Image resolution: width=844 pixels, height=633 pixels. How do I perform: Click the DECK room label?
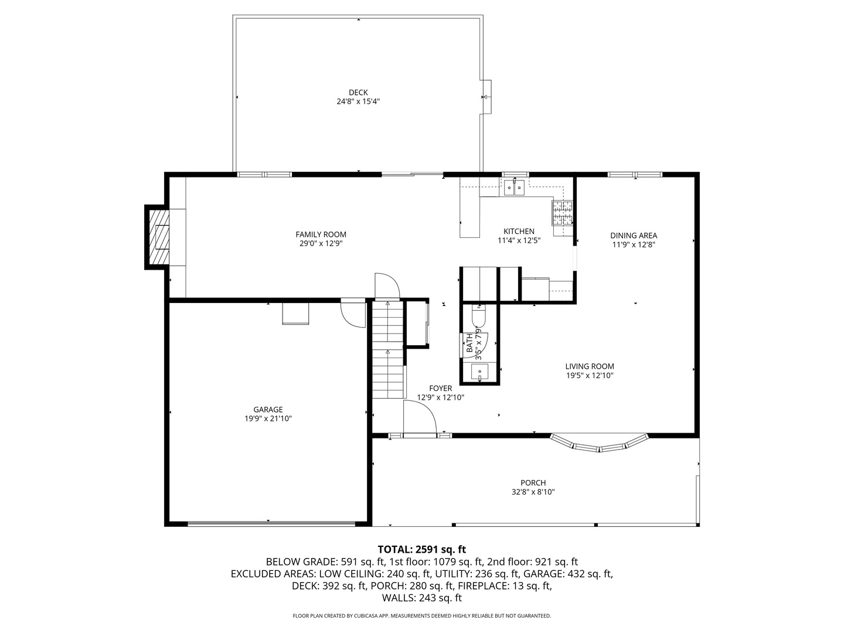(x=358, y=92)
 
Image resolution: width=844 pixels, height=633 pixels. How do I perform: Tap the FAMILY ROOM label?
(x=321, y=234)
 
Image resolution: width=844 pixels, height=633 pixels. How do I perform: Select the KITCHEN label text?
(x=519, y=231)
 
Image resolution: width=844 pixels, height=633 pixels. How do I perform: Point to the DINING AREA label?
(x=633, y=236)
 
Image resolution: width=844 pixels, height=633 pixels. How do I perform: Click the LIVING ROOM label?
(x=590, y=366)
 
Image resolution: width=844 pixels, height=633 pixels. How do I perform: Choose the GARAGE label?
(x=268, y=410)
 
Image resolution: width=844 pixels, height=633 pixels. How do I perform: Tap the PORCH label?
(x=533, y=483)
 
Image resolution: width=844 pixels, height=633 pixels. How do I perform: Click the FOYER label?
(x=440, y=388)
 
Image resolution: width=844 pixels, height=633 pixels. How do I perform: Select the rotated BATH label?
(x=469, y=343)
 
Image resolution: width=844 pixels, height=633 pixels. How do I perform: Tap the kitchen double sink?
(x=514, y=188)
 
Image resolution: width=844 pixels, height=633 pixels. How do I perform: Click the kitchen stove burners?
(x=562, y=213)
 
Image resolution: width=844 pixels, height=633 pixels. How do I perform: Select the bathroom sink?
(x=480, y=372)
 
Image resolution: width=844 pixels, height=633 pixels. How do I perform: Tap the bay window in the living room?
(x=599, y=445)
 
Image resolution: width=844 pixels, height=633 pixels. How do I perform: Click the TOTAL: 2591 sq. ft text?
(x=421, y=549)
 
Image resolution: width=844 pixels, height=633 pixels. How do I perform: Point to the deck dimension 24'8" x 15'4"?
(x=358, y=101)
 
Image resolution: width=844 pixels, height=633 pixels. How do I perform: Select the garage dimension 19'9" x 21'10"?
(x=268, y=418)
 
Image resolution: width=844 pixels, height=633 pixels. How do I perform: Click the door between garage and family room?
(x=353, y=313)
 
